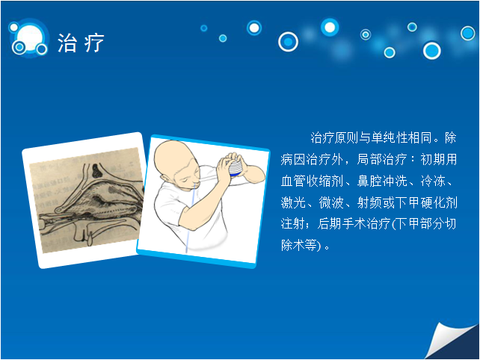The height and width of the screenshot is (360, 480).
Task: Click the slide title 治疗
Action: tap(81, 43)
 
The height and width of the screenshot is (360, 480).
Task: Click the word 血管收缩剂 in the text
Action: tap(312, 181)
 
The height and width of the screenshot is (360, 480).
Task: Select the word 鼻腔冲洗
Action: tap(382, 181)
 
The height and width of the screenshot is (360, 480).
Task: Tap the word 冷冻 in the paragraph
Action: tap(433, 181)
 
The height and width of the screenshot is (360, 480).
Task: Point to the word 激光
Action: tap(293, 202)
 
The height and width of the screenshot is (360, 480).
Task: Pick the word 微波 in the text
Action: tap(331, 202)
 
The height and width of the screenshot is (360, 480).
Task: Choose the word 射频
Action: tap(369, 202)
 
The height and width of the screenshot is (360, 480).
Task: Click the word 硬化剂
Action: tap(439, 202)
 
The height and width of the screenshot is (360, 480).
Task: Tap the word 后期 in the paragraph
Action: tap(330, 223)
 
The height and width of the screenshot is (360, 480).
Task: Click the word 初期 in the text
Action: tap(433, 159)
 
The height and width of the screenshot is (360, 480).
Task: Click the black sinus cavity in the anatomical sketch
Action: tap(97, 171)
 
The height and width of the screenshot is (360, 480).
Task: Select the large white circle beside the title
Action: tap(30, 37)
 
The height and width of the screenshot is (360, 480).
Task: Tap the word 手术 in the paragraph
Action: tap(354, 223)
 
